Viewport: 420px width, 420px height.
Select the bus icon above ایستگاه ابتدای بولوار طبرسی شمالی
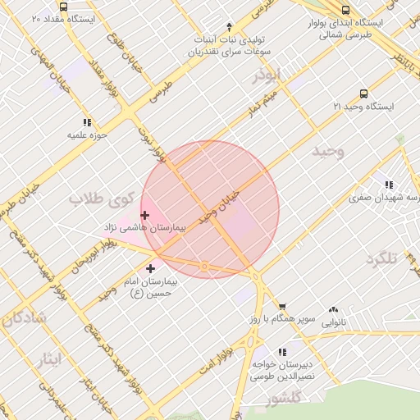pyautogui.click(x=345, y=10)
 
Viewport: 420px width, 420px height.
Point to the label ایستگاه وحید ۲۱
pyautogui.click(x=363, y=107)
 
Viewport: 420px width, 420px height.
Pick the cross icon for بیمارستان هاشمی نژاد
pyautogui.click(x=144, y=215)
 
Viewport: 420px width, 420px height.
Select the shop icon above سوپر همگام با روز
pyautogui.click(x=282, y=306)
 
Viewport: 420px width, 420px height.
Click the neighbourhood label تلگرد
pyautogui.click(x=381, y=259)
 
